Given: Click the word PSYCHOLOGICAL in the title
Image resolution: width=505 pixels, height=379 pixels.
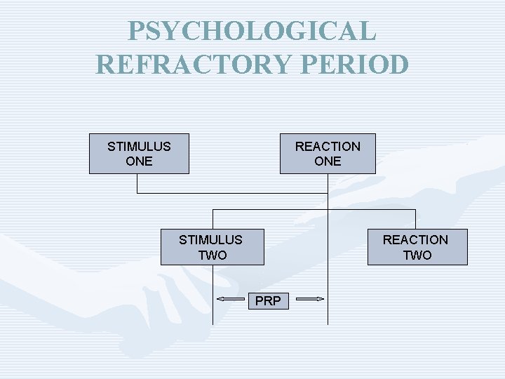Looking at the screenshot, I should coord(252,31).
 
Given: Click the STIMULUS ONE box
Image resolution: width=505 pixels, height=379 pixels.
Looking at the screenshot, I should coord(139,154).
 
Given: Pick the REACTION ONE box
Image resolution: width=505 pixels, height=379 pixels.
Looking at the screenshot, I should coord(328,154).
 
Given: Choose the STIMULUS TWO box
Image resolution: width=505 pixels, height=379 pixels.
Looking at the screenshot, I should coord(212,247).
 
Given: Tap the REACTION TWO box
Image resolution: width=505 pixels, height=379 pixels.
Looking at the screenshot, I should coord(417,247).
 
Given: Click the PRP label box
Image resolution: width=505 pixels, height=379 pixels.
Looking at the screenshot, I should coord(268,301).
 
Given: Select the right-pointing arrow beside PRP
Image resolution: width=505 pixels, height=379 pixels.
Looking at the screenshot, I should coord(309,300).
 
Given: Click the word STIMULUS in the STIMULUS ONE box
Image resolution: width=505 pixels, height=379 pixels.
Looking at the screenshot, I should coord(139,147).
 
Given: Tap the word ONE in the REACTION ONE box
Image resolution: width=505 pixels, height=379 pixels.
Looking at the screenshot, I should coord(328,161).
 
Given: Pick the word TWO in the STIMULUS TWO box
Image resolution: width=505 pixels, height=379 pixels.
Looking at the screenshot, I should coord(212,255).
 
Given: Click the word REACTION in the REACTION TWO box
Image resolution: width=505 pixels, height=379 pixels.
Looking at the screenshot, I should coord(415,239).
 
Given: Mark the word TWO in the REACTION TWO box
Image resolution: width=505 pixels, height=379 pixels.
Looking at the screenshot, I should coord(417,255).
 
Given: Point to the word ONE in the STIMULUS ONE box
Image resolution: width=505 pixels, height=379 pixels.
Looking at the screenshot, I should coord(139,161).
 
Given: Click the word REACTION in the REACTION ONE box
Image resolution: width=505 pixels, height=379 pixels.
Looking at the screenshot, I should coord(328,147).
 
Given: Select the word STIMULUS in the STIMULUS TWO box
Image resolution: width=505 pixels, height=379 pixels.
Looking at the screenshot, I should coord(210,239).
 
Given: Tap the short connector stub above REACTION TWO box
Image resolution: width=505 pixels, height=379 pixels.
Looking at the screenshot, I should coord(415,219).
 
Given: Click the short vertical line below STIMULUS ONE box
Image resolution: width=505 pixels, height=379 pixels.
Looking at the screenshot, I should coord(137,183).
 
